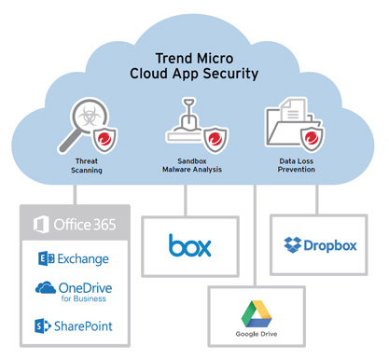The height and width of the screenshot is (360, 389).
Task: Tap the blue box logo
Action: (190, 245)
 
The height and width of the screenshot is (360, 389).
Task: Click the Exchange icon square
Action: (44, 258)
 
